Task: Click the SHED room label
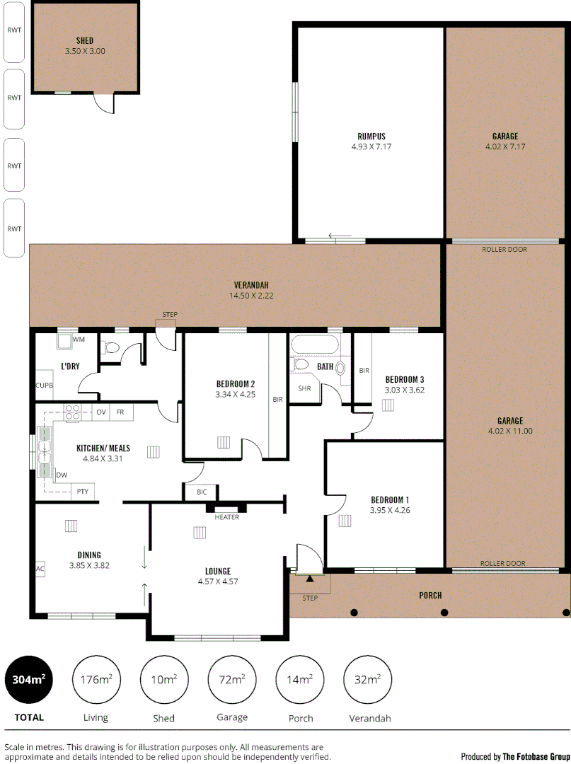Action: click(x=85, y=40)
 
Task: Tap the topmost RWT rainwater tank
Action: click(x=14, y=31)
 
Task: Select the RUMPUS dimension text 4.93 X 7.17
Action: click(x=371, y=146)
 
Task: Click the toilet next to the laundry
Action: click(x=112, y=348)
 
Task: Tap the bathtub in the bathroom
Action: click(x=315, y=345)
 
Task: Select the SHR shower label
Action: click(x=304, y=388)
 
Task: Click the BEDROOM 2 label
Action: click(x=236, y=384)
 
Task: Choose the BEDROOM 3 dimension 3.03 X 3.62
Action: click(x=404, y=389)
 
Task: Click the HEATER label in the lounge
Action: click(x=226, y=517)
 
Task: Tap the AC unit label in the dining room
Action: click(x=40, y=568)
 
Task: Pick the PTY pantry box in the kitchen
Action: click(x=83, y=491)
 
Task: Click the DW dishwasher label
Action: click(x=62, y=475)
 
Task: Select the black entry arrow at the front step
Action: click(x=310, y=579)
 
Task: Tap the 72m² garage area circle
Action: click(x=232, y=681)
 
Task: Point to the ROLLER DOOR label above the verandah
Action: click(x=504, y=249)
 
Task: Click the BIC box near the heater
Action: click(x=202, y=492)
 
